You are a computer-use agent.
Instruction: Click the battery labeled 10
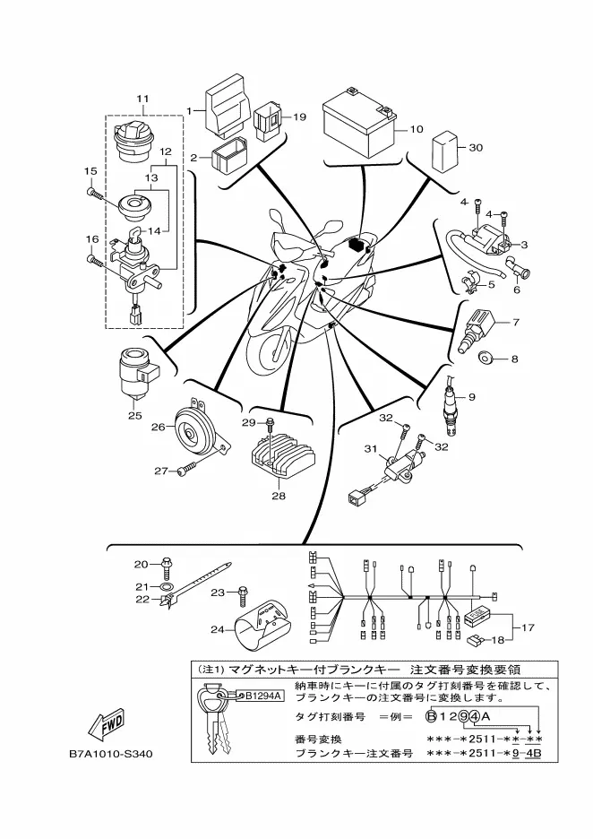point(358,123)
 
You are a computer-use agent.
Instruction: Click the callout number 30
point(475,147)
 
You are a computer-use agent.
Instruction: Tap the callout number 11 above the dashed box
point(142,99)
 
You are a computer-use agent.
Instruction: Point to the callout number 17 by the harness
point(528,627)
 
